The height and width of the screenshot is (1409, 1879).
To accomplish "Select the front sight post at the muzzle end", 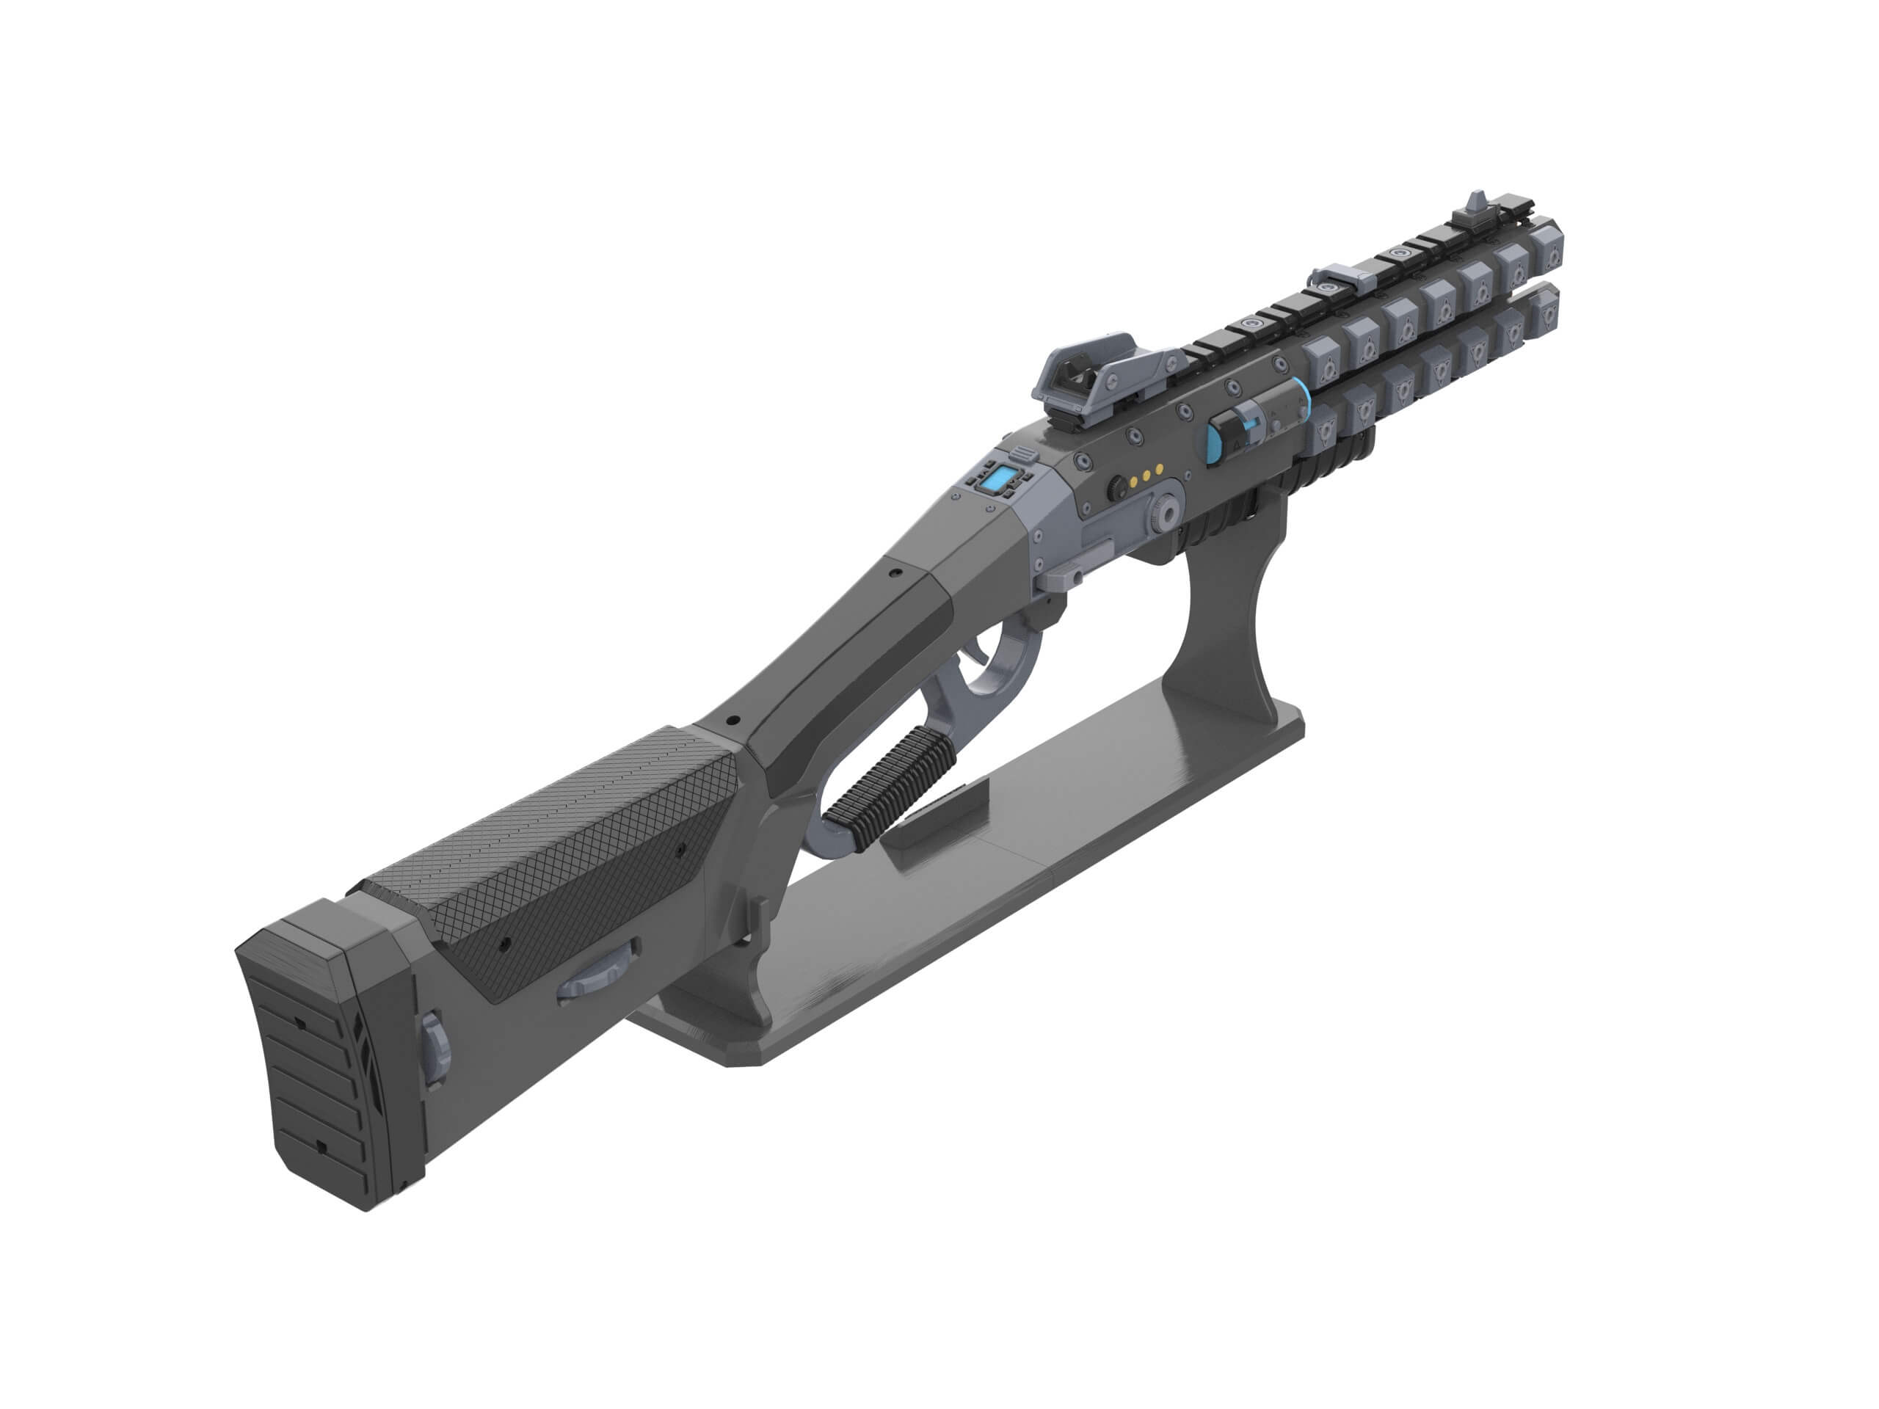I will pyautogui.click(x=1476, y=206).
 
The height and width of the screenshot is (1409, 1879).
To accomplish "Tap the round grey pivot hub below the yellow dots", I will pyautogui.click(x=1168, y=514).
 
